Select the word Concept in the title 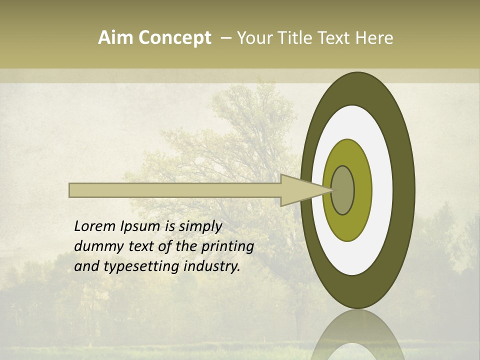click(174, 38)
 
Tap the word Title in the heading click(297, 38)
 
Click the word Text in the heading click(334, 38)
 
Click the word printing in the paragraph click(227, 247)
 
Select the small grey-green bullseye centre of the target click(342, 190)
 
